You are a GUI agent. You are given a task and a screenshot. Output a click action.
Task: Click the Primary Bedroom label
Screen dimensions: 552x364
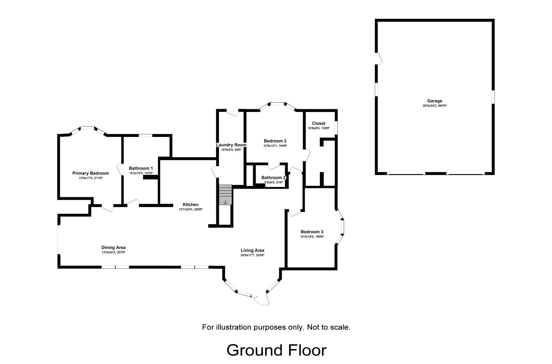coord(90,173)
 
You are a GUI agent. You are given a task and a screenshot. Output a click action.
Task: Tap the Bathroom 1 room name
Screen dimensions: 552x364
coord(141,168)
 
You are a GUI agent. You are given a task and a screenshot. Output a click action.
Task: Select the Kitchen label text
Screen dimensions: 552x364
coord(191,205)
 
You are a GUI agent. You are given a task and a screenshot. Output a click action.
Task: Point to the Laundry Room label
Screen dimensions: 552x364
coord(231,145)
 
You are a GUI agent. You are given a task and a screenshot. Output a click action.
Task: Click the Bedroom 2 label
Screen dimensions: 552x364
coord(275,141)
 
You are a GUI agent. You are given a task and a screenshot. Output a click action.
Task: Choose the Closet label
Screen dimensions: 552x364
coord(318,123)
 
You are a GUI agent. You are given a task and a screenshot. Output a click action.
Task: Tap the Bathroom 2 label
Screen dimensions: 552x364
coord(273,177)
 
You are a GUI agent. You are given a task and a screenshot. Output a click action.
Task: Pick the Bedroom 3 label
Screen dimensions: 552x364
coord(312,232)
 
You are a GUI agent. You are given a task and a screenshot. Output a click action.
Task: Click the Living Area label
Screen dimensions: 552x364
coord(252,250)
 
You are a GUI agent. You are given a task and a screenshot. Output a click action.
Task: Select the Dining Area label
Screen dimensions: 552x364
coord(113,248)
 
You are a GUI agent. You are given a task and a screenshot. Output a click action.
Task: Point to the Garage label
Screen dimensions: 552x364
coord(434,101)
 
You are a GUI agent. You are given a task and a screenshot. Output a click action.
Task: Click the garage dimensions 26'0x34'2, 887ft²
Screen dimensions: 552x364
coord(434,106)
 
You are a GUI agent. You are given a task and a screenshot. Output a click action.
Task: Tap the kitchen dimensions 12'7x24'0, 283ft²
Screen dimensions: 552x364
coord(191,209)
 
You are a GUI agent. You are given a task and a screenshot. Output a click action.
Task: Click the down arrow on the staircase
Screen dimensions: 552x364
coord(225,202)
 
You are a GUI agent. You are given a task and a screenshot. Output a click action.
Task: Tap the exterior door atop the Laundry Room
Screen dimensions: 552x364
coord(232,113)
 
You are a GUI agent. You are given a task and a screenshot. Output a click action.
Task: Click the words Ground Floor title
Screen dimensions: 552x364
coord(276,350)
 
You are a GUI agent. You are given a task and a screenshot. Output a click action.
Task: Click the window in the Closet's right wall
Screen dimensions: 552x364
coord(336,128)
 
